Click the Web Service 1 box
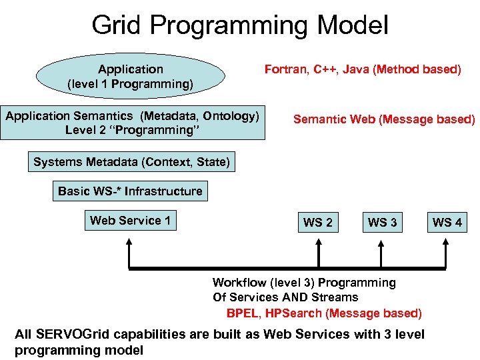click(130, 221)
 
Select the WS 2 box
click(317, 222)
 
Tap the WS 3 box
click(382, 222)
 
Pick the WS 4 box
click(447, 222)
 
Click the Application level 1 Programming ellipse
click(130, 77)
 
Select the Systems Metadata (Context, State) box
click(131, 162)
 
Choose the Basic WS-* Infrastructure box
click(130, 191)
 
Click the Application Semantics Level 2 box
click(132, 123)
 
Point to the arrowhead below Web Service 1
click(129, 245)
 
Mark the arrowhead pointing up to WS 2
click(317, 245)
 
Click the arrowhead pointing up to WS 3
click(381, 245)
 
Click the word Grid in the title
click(117, 25)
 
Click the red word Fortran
click(285, 69)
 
